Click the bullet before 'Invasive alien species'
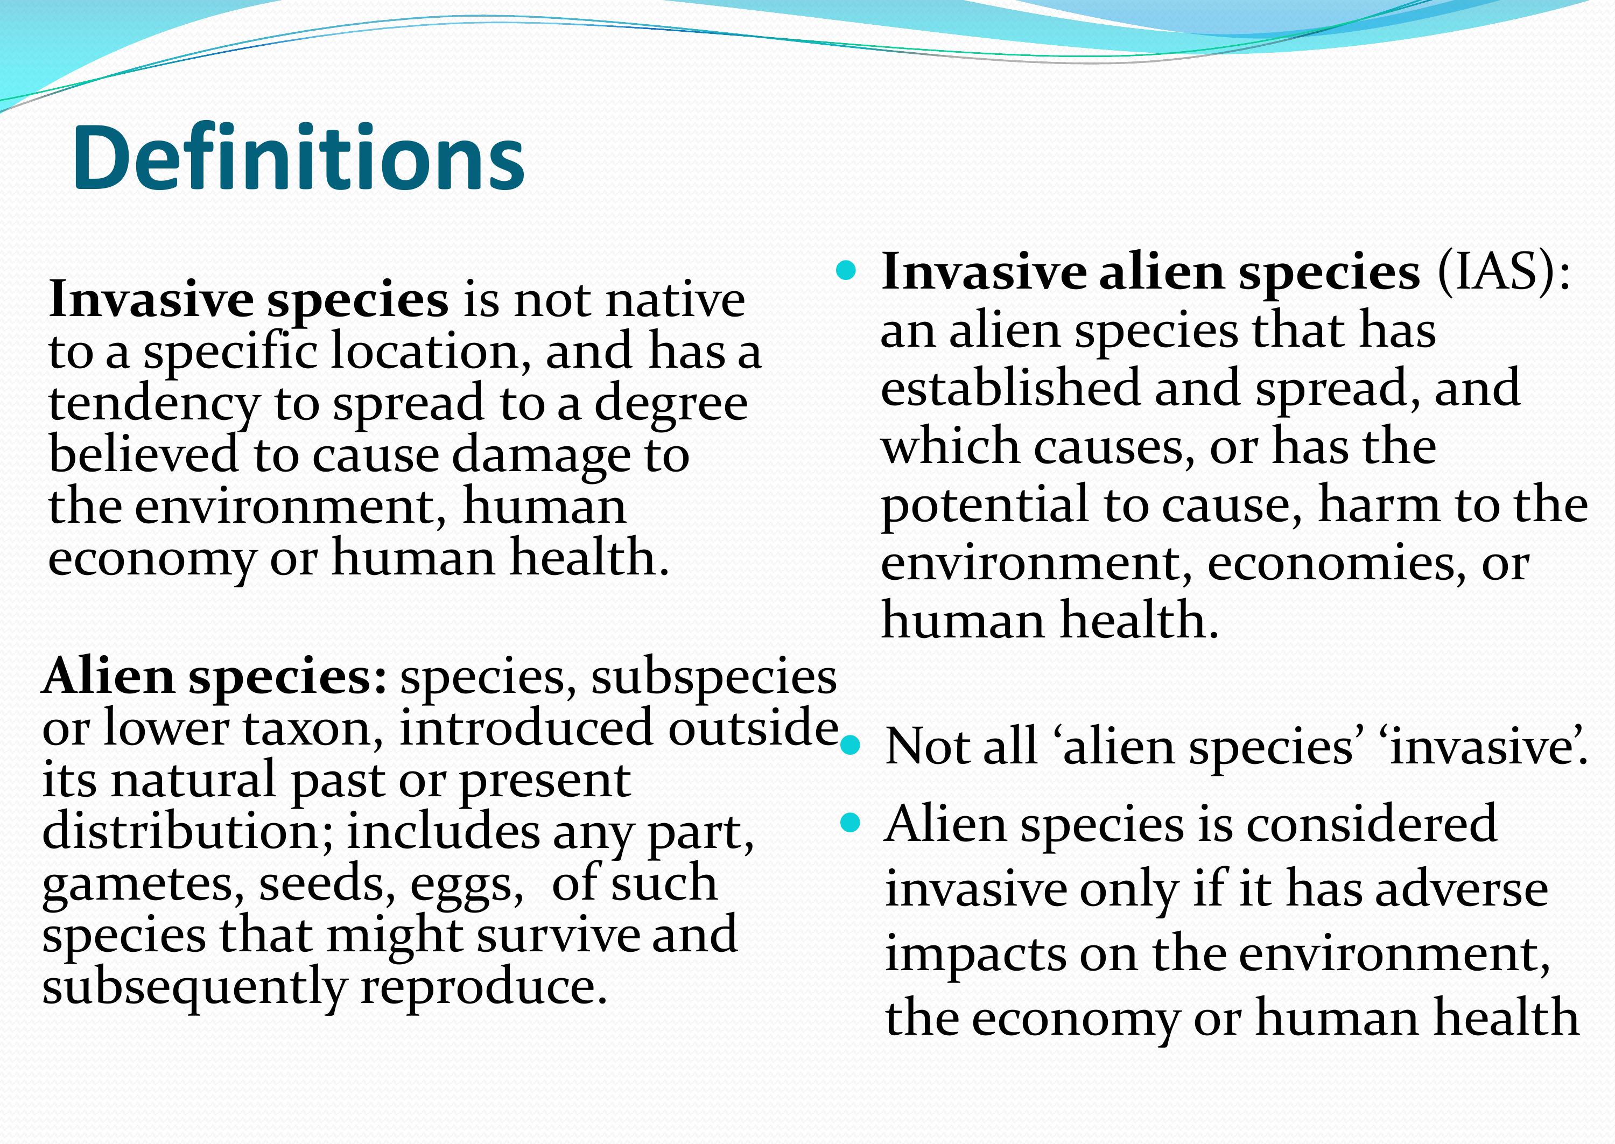point(845,270)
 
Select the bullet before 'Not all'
point(851,745)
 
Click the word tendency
point(153,405)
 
